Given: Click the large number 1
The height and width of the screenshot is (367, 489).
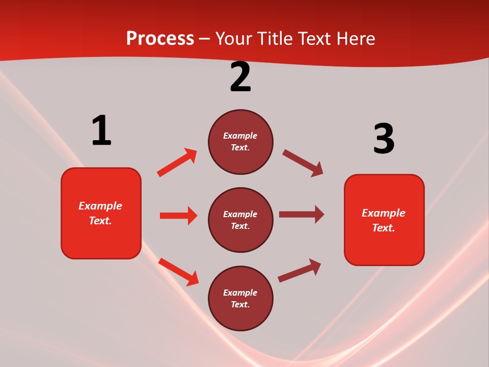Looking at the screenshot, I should tap(101, 130).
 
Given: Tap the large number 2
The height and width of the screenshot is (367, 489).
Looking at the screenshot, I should tap(240, 77).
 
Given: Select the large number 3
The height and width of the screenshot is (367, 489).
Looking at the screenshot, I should tap(384, 139).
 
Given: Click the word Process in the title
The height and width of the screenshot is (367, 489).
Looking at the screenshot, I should tap(160, 38).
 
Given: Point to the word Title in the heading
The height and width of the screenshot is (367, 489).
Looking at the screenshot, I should tap(276, 38).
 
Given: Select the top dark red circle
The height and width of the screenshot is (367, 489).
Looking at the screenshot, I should tap(240, 142).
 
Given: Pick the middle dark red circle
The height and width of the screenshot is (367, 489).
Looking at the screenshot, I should tap(240, 220).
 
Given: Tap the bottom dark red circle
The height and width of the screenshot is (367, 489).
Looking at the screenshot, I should tap(240, 298).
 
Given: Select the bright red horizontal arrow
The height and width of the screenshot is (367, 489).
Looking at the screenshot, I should tap(178, 216).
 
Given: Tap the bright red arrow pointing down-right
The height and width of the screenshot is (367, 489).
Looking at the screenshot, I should tap(179, 272).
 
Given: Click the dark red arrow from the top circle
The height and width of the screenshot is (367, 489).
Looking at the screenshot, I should tap(303, 163).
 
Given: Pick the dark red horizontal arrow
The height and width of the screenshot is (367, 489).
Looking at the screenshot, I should tap(302, 214).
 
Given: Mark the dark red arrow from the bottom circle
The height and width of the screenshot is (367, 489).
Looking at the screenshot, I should tap(300, 270).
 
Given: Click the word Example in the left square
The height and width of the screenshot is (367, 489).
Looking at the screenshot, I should tap(100, 206).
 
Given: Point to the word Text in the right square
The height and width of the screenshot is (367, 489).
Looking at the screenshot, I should tap(383, 228).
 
